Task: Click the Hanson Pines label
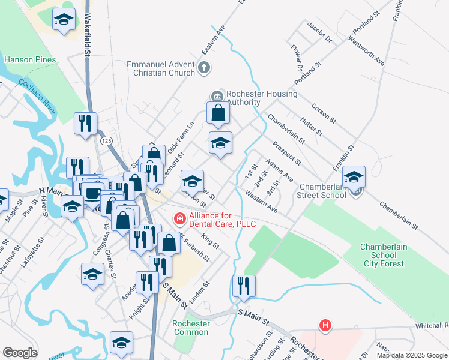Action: click(30, 60)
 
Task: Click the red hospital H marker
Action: click(325, 326)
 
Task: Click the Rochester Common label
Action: click(191, 328)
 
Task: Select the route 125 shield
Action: click(107, 140)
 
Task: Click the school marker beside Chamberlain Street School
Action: click(354, 176)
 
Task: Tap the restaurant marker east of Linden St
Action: click(244, 286)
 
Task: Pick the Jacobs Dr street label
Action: click(319, 33)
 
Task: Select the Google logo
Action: click(20, 353)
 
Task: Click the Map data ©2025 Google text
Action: click(412, 355)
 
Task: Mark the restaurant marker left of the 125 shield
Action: click(85, 123)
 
